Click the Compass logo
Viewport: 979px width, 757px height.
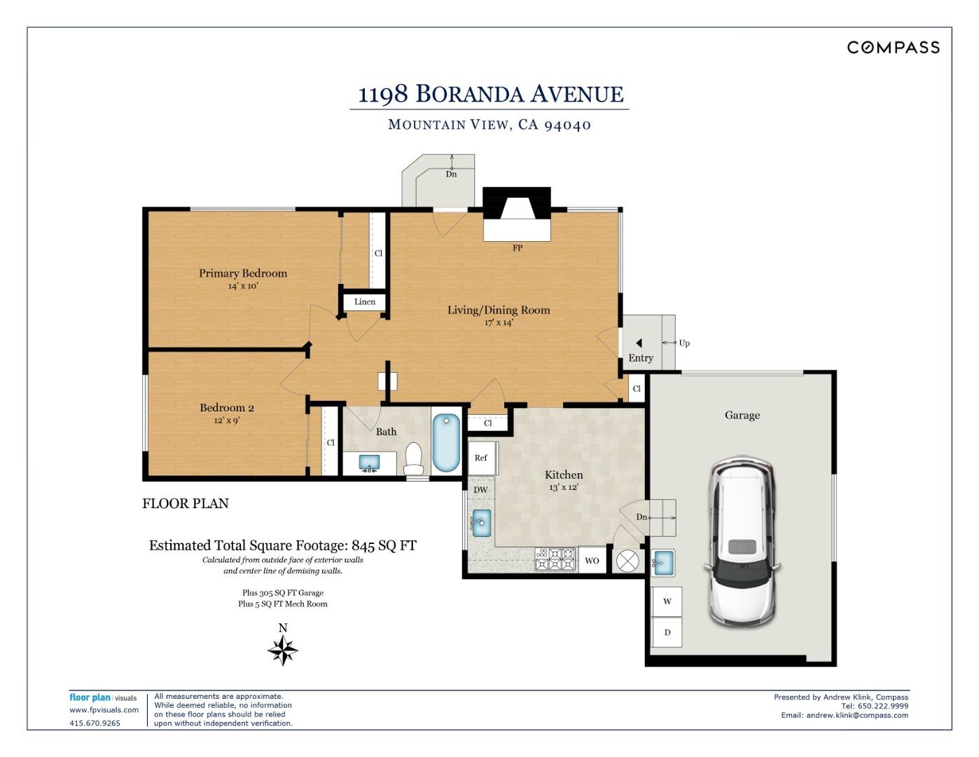point(893,48)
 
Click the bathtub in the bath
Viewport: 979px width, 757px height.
point(446,444)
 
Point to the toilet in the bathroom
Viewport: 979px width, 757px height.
point(413,459)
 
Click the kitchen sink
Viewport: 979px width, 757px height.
point(480,523)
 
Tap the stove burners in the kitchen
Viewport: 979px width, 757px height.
point(555,559)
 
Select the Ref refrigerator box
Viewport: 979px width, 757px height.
point(482,458)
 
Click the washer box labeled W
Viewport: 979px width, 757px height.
point(667,601)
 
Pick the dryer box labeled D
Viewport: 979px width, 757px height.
point(667,632)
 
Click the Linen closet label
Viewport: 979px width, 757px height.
point(364,301)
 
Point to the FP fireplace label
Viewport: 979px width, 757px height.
point(518,247)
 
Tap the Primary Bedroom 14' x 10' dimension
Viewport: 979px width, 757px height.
point(243,286)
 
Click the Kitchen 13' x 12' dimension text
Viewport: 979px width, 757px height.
point(563,487)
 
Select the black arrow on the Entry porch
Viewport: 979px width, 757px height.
point(639,343)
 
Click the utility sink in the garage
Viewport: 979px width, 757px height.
point(662,563)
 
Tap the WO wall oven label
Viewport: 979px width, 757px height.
point(592,561)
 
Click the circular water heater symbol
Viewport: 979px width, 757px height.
point(627,561)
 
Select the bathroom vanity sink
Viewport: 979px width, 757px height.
point(369,463)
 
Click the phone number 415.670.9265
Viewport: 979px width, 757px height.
point(95,723)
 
